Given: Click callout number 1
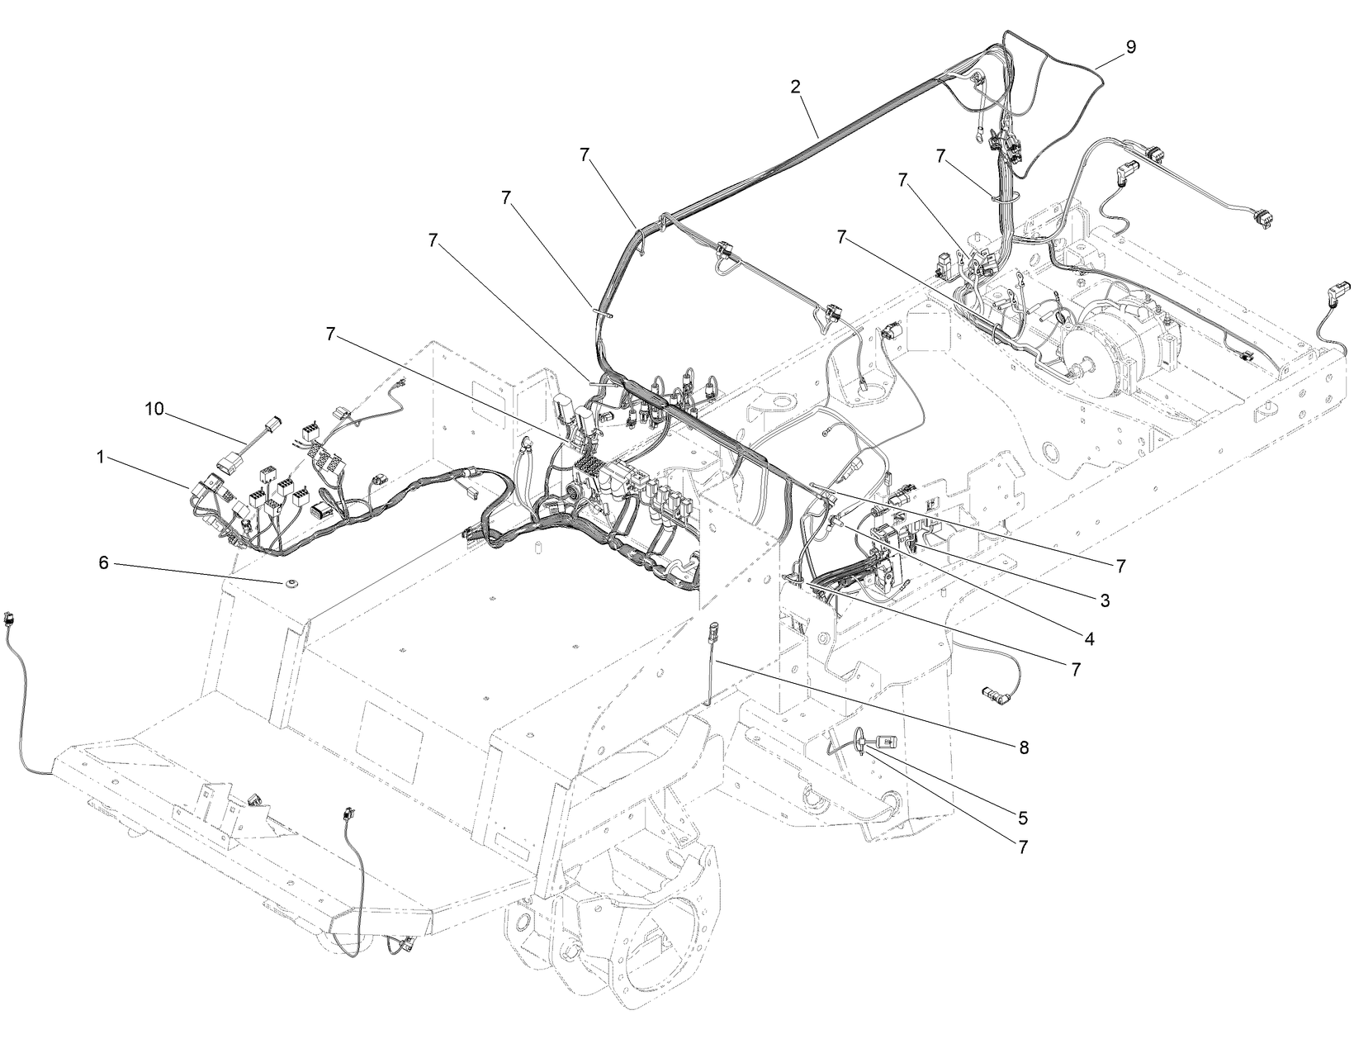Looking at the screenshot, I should (x=101, y=457).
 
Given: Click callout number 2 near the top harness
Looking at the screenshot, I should (x=795, y=86).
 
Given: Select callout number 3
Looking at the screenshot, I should (x=1104, y=600).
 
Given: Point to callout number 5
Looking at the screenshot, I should (x=1023, y=818).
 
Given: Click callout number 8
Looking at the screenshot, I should (x=1024, y=746).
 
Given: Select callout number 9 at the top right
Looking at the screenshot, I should (x=1130, y=47).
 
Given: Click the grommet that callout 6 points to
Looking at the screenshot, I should (x=291, y=585).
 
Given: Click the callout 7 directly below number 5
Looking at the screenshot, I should (x=1023, y=847).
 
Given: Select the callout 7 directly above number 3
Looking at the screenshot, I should (x=1120, y=566).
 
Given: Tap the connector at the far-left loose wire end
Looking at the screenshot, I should (x=10, y=617).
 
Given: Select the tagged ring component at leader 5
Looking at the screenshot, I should (x=877, y=740).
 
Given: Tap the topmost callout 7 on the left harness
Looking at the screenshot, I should (x=585, y=154).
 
